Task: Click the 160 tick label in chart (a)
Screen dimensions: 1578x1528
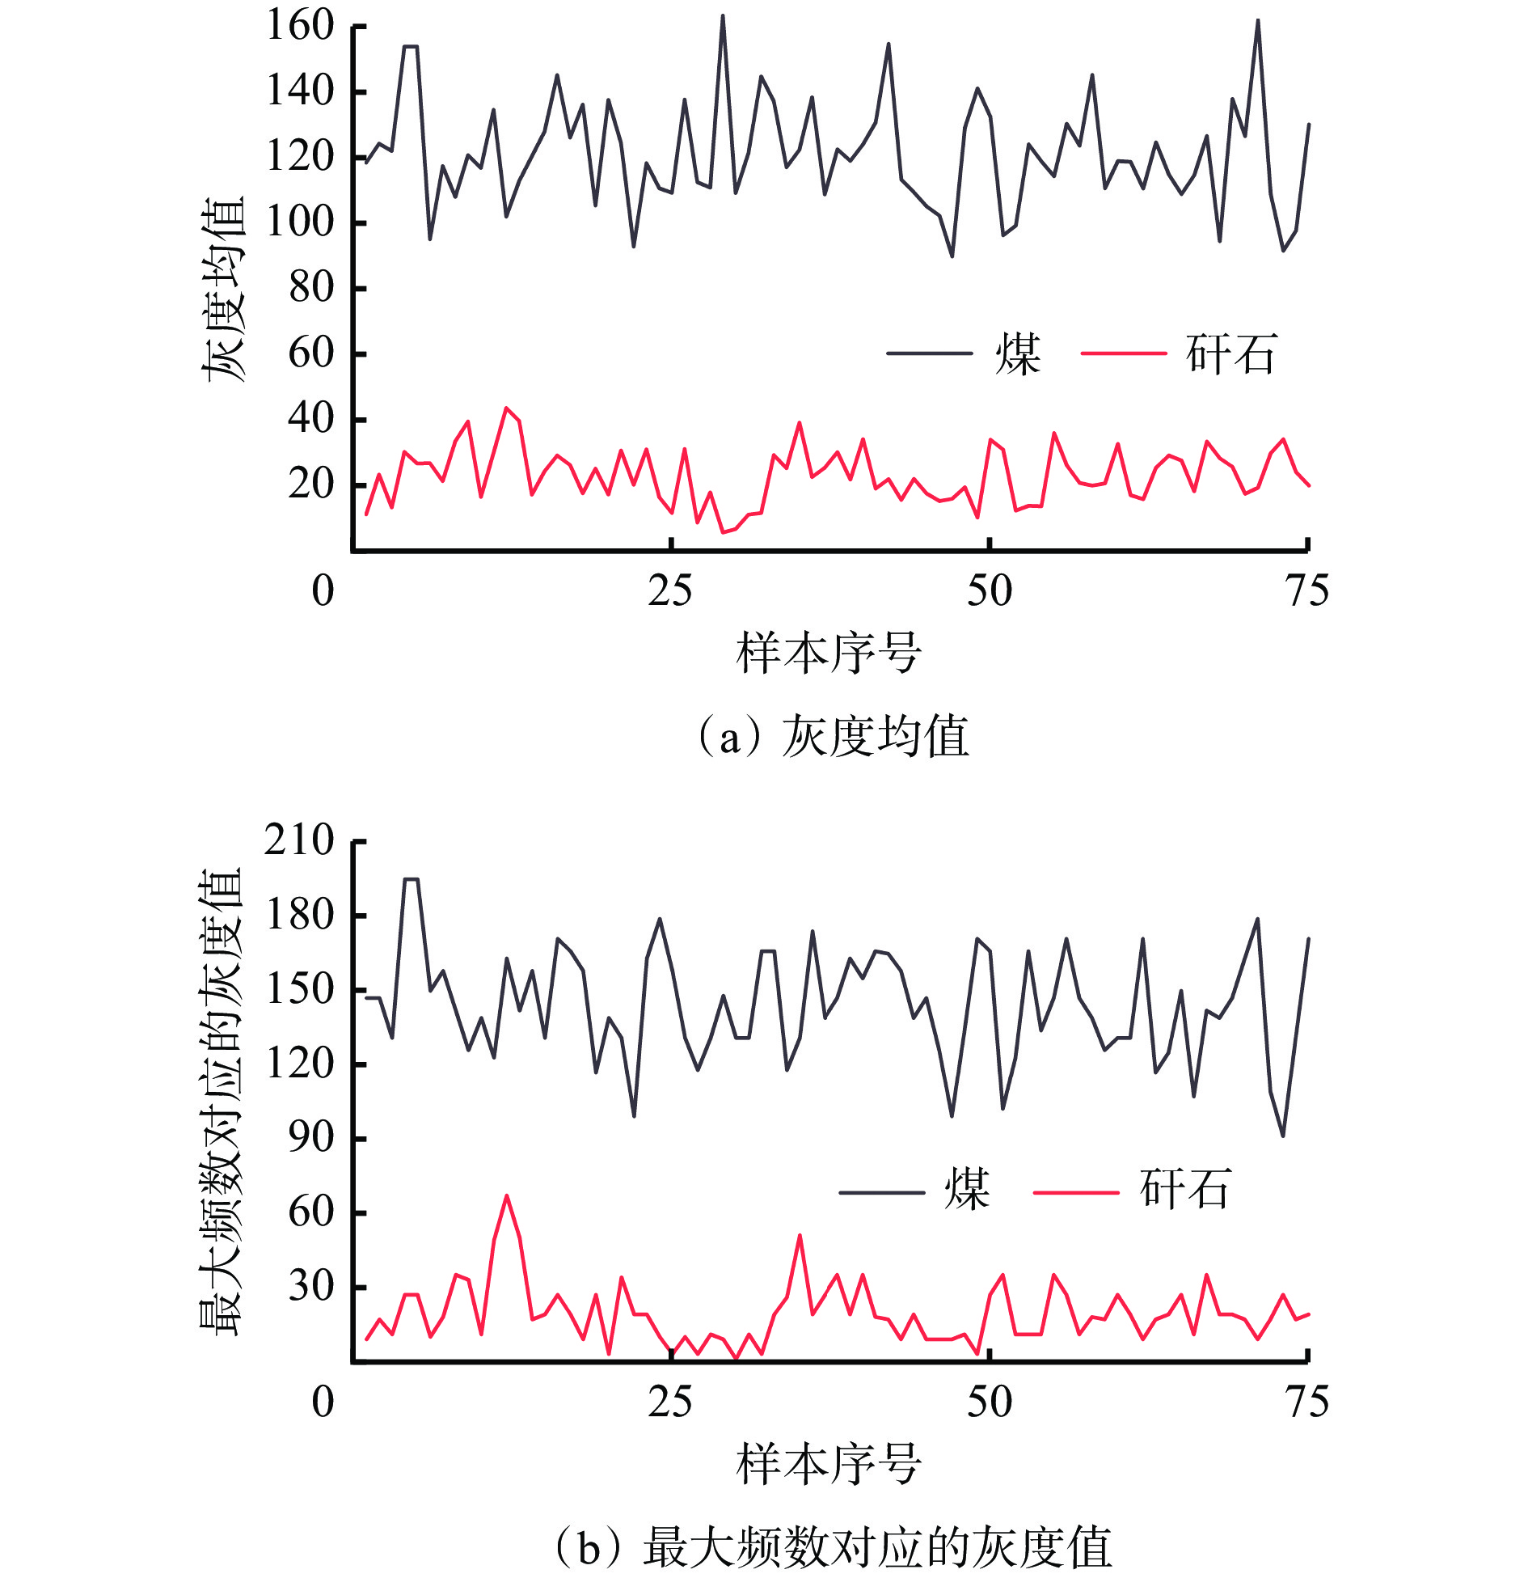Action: pos(300,26)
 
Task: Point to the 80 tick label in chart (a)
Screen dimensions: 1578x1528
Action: pos(311,288)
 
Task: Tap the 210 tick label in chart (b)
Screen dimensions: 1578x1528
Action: pos(299,841)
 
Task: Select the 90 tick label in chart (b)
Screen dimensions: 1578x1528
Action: pos(311,1137)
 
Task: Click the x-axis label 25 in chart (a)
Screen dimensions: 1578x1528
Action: pos(669,591)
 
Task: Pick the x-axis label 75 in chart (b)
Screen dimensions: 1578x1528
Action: pos(1306,1402)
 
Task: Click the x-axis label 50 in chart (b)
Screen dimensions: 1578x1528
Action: pos(989,1402)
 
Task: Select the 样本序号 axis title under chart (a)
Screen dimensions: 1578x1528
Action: pos(829,654)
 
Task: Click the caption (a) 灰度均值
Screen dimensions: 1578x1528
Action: pos(833,737)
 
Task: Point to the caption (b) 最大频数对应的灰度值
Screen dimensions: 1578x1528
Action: pos(833,1547)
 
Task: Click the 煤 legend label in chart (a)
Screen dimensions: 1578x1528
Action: pos(1018,354)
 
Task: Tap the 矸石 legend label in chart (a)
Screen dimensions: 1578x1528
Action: pos(1230,354)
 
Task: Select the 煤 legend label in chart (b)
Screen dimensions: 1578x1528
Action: pos(967,1190)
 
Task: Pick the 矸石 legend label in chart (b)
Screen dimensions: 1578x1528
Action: pos(1184,1190)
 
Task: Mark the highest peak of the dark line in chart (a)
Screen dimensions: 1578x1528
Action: pos(723,15)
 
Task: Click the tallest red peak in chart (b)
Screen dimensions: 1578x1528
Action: pos(507,1195)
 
